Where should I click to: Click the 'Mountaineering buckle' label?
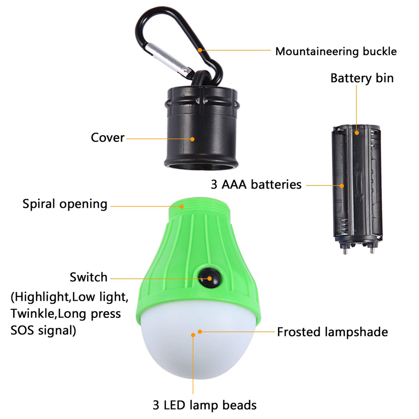pos(336,51)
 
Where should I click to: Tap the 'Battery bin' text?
pos(362,78)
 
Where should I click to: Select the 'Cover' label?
pos(108,138)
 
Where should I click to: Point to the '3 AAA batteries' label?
pos(256,185)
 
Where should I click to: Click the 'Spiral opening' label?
pos(65,204)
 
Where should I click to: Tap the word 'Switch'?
pos(89,277)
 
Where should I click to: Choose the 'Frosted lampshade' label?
pos(333,332)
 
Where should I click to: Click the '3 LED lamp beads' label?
pos(205,405)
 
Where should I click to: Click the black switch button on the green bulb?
pos(210,278)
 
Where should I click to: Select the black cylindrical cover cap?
pos(202,128)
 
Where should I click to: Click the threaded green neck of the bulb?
pos(200,207)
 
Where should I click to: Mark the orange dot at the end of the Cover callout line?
pos(192,139)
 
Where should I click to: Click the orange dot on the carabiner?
pos(200,50)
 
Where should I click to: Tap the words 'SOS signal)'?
pos(43,331)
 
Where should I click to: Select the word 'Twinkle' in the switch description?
pos(32,313)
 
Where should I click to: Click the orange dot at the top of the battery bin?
pos(357,133)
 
